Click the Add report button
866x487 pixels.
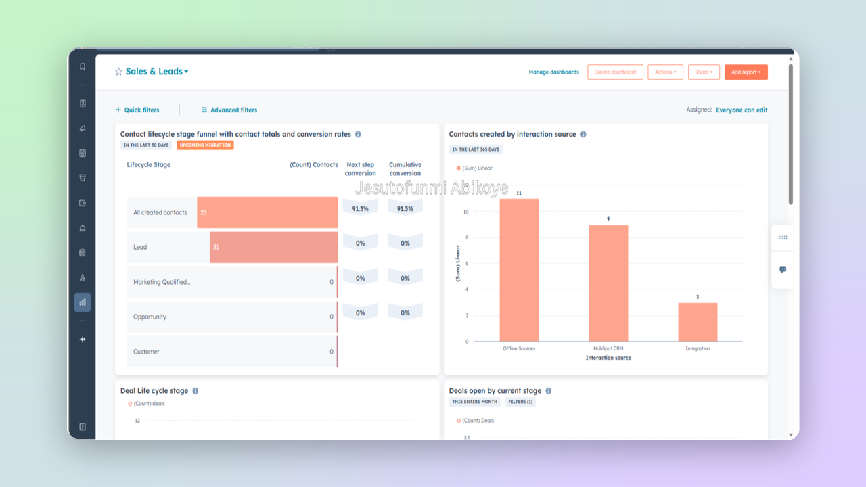click(746, 72)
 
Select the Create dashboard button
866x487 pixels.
click(615, 72)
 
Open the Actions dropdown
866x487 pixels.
click(665, 72)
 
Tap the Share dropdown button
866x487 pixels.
click(704, 72)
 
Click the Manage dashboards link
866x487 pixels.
click(553, 72)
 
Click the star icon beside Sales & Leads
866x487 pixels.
click(118, 72)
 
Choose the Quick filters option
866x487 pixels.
click(137, 110)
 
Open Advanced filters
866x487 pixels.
click(229, 110)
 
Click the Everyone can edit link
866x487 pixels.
click(742, 110)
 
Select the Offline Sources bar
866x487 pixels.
click(519, 270)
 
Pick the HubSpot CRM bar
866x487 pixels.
click(608, 283)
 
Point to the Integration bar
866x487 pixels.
click(698, 322)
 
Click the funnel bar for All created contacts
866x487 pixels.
click(267, 212)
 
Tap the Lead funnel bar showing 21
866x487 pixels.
click(274, 247)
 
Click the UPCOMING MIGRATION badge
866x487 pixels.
click(205, 145)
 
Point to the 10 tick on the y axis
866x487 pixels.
click(466, 212)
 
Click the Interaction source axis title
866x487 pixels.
click(608, 358)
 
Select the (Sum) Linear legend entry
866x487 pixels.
click(474, 168)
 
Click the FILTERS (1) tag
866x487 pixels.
click(520, 402)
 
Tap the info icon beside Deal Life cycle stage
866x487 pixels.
click(196, 391)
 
